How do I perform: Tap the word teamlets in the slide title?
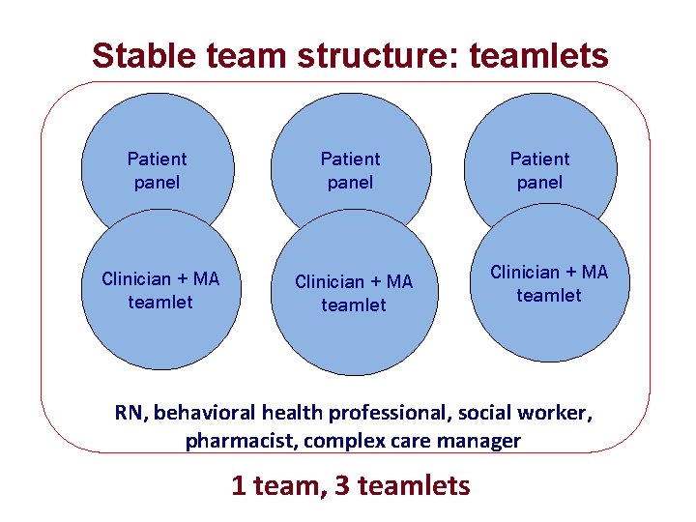pos(538,56)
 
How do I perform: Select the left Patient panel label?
pos(157,170)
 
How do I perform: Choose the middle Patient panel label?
pos(350,170)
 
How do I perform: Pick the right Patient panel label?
pos(539,170)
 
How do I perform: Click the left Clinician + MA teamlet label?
pos(160,290)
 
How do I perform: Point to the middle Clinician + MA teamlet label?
pos(354,293)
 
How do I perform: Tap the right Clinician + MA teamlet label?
pos(549,283)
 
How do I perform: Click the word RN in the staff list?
pos(130,413)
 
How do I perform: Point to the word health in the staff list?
pos(292,413)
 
